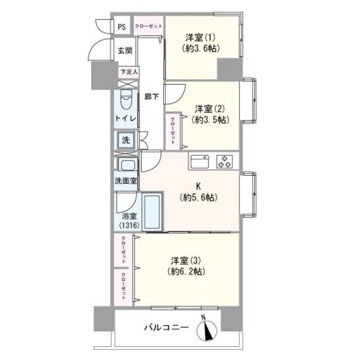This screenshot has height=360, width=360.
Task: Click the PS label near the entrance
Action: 122,26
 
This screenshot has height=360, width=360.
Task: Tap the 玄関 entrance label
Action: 125,50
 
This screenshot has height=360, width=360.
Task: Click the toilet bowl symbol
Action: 127,101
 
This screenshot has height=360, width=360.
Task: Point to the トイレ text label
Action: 126,118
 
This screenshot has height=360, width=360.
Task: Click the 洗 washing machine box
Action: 125,140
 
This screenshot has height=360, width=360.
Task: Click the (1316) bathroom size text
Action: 129,225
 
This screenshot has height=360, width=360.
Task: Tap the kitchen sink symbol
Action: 199,161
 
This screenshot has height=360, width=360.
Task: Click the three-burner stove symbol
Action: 224,161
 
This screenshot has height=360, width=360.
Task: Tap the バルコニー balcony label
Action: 167,327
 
